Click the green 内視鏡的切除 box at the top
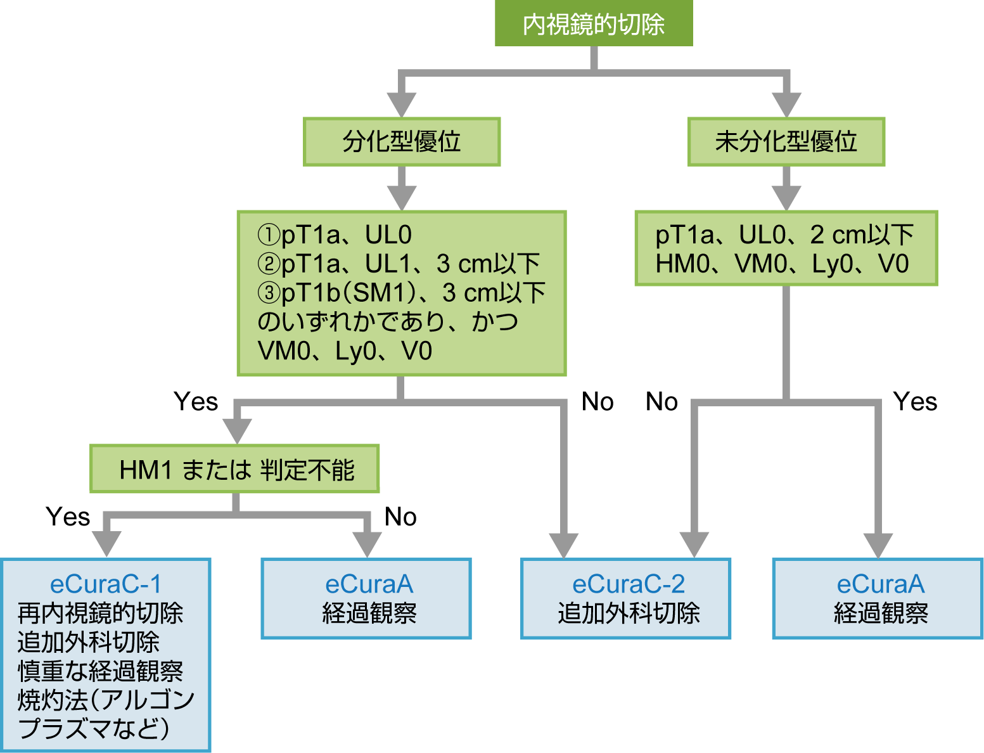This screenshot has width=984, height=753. point(594,24)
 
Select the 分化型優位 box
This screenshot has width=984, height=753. point(402,141)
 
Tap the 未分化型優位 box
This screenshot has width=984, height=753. point(786,141)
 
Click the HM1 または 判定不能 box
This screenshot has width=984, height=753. point(234,470)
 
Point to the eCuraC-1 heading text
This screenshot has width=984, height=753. point(106,584)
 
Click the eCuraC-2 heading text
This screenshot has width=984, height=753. point(628,584)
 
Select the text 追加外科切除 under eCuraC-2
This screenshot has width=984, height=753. point(628,613)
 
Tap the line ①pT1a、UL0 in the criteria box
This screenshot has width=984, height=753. point(335,235)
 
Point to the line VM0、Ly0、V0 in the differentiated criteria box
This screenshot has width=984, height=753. point(345,351)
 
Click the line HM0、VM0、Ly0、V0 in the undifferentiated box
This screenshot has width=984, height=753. point(782,264)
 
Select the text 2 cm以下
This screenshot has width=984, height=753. point(862,235)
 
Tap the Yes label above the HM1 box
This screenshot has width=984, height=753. point(196,402)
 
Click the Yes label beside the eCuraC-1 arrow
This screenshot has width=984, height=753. point(68,517)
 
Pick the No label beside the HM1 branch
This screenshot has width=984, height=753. point(400,517)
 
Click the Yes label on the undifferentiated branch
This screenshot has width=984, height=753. point(915,402)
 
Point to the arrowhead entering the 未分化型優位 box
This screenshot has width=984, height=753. point(786,105)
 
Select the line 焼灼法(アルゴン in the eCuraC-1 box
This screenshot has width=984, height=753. point(106,700)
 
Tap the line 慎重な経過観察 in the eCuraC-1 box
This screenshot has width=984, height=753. point(100,671)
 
